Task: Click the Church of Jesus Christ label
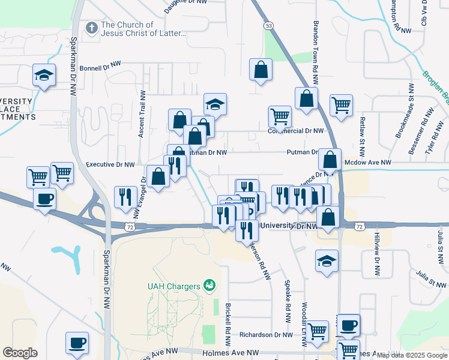tap(143, 29)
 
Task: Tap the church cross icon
tap(91, 28)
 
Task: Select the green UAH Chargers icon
tap(209, 284)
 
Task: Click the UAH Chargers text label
tap(173, 286)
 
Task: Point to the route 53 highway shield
tap(268, 25)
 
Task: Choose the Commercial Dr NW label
tap(295, 130)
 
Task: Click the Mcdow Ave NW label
tap(367, 163)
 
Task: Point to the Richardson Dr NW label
tap(265, 335)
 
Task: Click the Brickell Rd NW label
tap(228, 324)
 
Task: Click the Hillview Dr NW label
tap(376, 254)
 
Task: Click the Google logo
tap(20, 353)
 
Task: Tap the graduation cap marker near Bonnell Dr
tap(44, 76)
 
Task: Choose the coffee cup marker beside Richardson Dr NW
tap(348, 326)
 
